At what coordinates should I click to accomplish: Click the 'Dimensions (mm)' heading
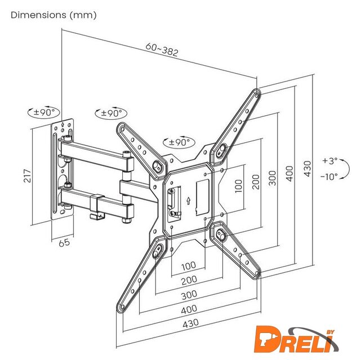point(54,15)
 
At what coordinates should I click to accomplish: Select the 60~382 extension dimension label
point(162,49)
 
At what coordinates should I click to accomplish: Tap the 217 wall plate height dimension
point(27,175)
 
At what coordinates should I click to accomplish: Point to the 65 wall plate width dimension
point(64,242)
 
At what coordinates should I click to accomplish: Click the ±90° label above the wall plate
point(44,112)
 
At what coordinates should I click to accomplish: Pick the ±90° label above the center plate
point(179,142)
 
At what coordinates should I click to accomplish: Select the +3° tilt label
point(329,160)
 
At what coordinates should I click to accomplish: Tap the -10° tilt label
point(329,177)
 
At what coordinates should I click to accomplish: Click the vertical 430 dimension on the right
point(307,169)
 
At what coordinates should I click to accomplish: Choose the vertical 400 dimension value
point(290,174)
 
